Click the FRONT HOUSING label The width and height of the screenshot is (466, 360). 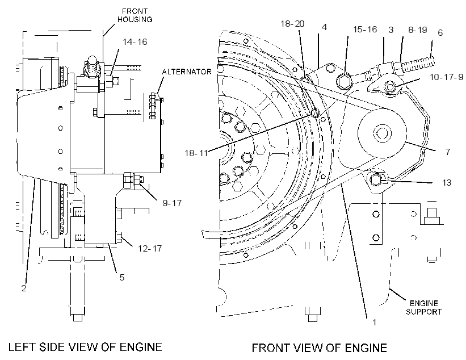point(135,15)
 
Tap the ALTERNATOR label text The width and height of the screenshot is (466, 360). point(187,72)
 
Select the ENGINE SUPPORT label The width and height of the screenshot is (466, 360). point(424,307)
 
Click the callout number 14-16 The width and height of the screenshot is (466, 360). point(135,42)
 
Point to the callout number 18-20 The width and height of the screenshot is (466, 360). point(293,24)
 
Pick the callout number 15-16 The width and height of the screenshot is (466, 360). point(365,30)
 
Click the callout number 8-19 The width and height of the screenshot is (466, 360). point(418,30)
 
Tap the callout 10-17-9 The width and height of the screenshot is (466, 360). point(446,77)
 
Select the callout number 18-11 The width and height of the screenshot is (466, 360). point(196,153)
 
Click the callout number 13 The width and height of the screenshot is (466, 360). point(447,182)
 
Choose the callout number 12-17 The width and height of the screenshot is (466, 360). point(150,248)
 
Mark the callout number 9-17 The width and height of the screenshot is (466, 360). point(172,203)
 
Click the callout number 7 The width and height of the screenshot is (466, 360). point(448,152)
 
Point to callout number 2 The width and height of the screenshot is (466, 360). point(24,288)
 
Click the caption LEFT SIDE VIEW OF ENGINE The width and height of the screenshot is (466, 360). point(85,347)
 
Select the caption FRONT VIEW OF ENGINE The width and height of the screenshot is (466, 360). point(319,348)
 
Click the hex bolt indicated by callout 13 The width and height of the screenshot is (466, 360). point(376,179)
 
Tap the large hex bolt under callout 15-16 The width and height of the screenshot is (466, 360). point(344,81)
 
